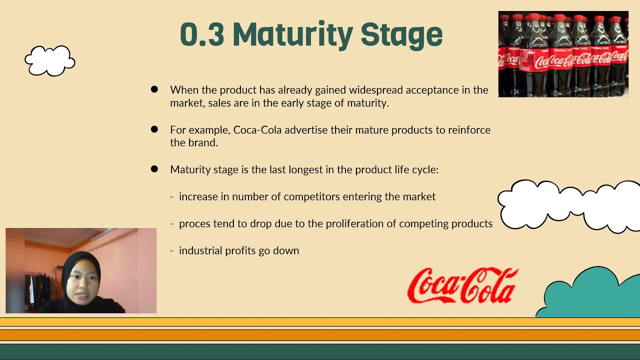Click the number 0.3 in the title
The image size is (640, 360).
click(201, 34)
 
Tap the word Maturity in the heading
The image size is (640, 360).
click(292, 35)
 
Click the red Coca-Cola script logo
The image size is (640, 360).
click(462, 285)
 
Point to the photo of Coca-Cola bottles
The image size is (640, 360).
click(563, 54)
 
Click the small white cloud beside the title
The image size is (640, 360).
click(50, 61)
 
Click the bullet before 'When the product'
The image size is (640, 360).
click(154, 89)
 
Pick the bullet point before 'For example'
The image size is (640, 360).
click(154, 129)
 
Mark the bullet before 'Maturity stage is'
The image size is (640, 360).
click(154, 169)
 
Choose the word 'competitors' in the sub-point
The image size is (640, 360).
click(310, 196)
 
